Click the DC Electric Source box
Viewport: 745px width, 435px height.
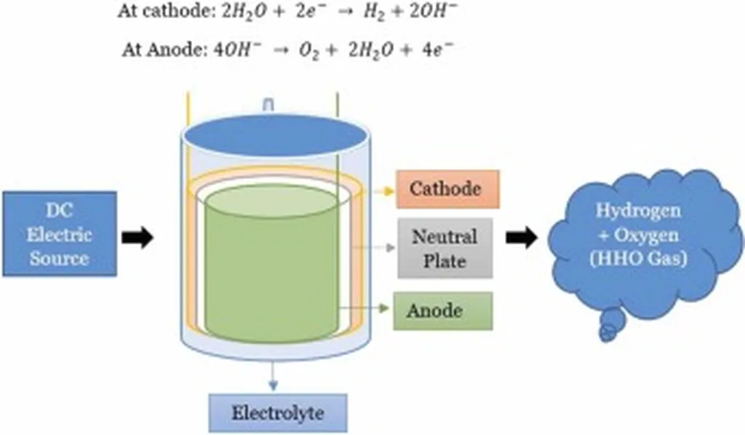[59, 234]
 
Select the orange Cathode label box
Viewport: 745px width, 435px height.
[447, 189]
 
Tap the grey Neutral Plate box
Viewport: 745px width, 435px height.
[445, 248]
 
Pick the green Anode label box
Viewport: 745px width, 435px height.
[442, 310]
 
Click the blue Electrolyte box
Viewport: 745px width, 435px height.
[277, 413]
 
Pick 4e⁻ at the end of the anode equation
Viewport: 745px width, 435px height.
[441, 49]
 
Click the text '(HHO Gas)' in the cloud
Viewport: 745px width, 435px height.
[640, 258]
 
